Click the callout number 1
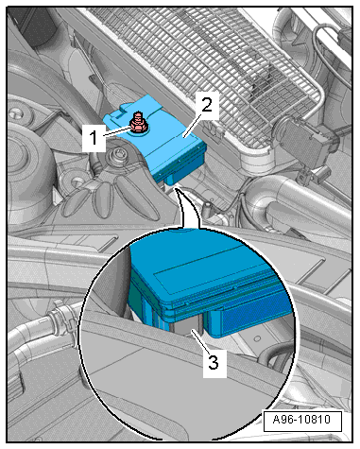pos(94,138)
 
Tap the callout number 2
pos(206,105)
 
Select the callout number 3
pos(214,362)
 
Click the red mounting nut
pos(138,124)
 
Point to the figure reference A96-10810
pos(301,420)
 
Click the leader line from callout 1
pos(117,131)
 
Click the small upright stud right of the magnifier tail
pos(209,209)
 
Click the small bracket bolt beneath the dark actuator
pos(303,178)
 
